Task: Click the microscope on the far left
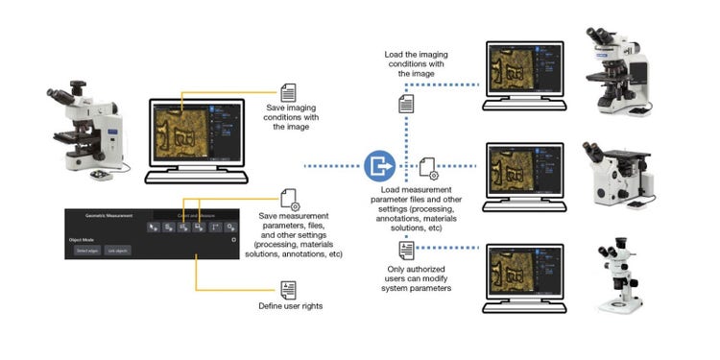(84, 134)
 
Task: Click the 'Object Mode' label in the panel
(84, 239)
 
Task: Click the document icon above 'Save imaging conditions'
(287, 90)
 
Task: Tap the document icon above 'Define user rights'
(288, 290)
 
